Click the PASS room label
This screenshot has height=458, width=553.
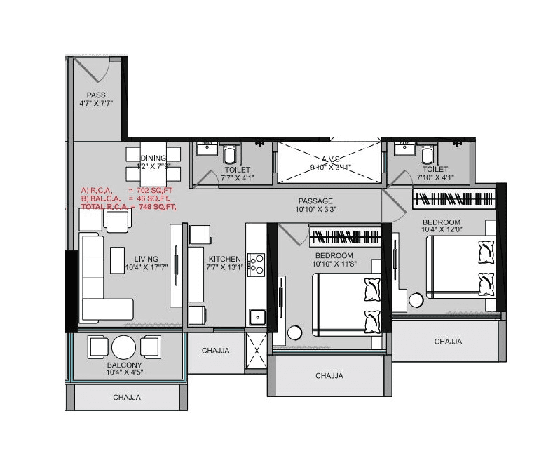(x=96, y=95)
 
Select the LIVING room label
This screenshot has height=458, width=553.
(x=146, y=258)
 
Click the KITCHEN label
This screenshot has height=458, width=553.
(x=224, y=258)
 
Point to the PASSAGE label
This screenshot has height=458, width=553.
(x=315, y=201)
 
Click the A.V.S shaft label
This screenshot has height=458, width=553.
(x=330, y=159)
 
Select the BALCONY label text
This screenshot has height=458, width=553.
(x=125, y=365)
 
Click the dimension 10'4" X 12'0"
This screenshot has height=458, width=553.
(x=441, y=231)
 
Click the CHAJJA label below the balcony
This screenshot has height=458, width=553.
(x=127, y=398)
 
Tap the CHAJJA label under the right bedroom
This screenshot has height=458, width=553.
(x=448, y=342)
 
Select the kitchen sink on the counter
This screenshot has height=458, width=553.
(x=257, y=315)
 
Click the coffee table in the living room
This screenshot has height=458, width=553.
(x=117, y=260)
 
